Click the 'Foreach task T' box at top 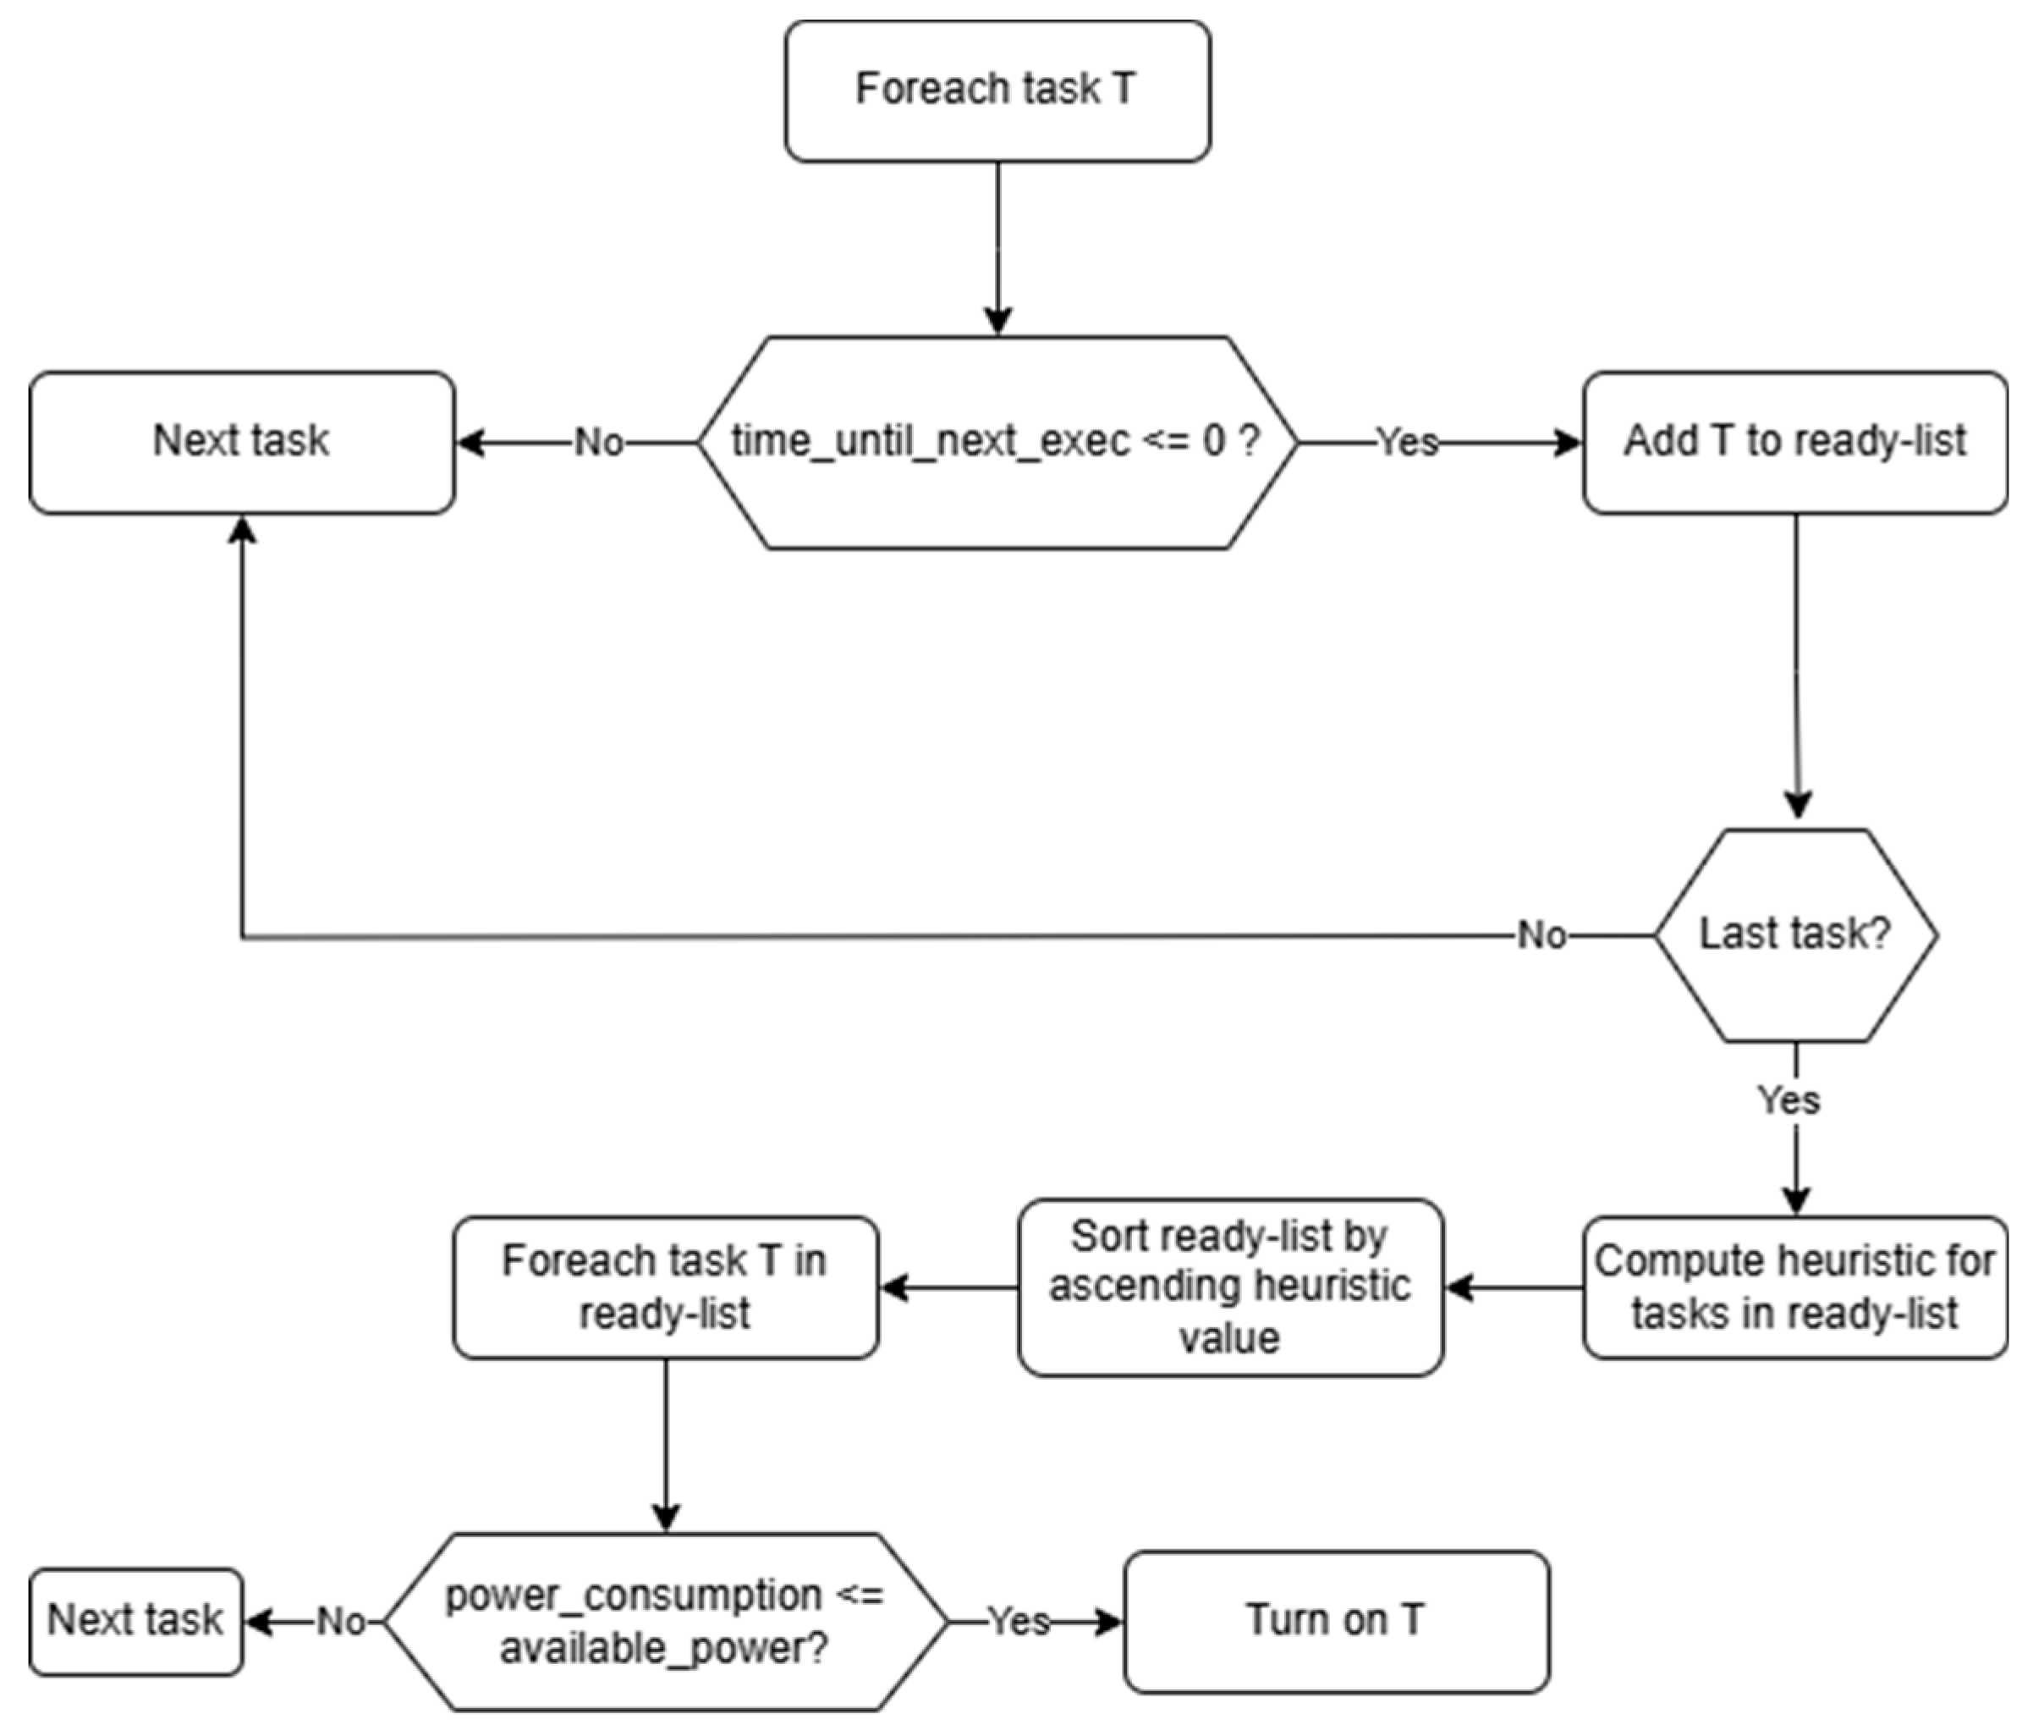pos(997,91)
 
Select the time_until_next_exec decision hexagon pos(997,442)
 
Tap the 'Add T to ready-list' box pos(1794,442)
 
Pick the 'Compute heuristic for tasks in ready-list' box pos(1794,1287)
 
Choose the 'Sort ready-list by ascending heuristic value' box pos(1229,1287)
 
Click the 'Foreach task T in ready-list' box pos(665,1287)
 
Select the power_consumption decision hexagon pos(665,1622)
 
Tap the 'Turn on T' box pos(1335,1622)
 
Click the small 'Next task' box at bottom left pos(135,1622)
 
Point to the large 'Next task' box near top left pos(241,442)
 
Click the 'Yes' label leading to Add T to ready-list pos(1406,442)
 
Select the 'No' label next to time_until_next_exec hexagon pos(598,442)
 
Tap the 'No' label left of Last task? pos(1541,935)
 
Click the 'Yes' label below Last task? pos(1788,1100)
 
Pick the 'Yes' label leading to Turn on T pos(1019,1622)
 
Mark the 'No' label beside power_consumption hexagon pos(341,1622)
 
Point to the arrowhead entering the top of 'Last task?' pos(1798,804)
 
